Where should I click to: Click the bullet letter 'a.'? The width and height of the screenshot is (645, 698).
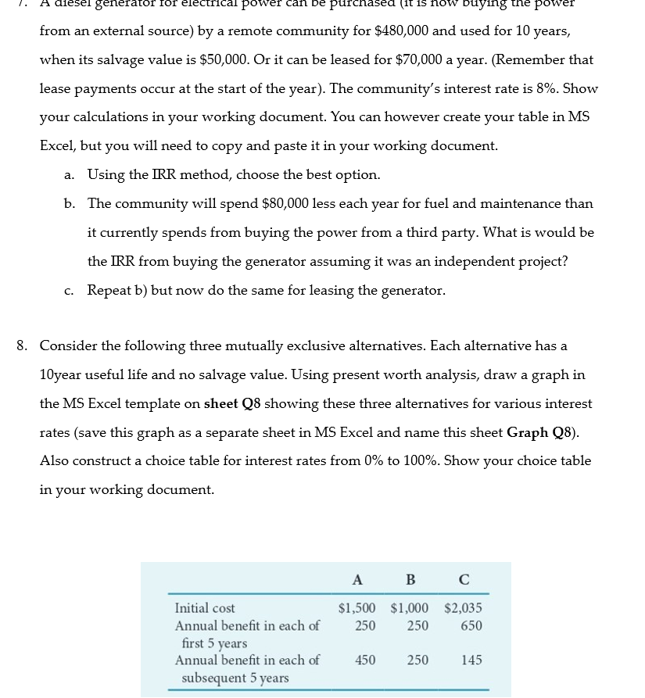click(70, 174)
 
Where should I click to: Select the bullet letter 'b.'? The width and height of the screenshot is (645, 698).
click(70, 203)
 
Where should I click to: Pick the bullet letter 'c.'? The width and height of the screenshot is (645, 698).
click(70, 290)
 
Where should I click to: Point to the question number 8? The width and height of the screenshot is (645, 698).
click(23, 345)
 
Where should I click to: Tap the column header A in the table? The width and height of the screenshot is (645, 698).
click(357, 580)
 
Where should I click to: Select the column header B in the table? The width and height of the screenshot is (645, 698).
click(410, 580)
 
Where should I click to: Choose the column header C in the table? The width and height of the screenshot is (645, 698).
click(463, 580)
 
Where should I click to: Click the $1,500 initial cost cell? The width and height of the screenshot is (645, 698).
click(357, 608)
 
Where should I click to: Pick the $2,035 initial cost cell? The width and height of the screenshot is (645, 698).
click(463, 608)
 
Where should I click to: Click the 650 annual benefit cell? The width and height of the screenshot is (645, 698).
click(471, 625)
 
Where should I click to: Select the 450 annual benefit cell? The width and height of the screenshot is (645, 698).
click(364, 660)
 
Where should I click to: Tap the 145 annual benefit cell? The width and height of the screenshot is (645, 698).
click(471, 660)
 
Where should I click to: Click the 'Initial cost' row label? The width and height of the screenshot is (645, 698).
click(205, 608)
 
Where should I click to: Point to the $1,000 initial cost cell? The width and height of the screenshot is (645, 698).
click(409, 608)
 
